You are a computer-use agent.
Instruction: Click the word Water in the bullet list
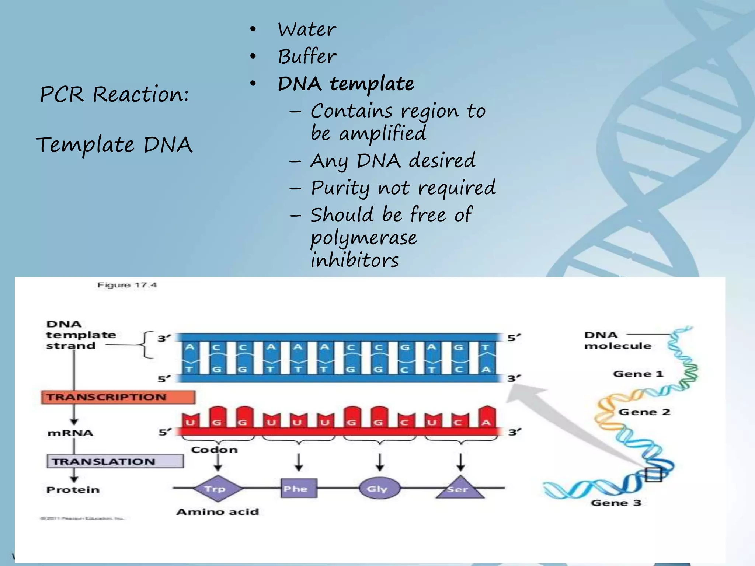tap(307, 29)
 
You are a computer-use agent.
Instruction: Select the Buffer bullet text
tap(307, 57)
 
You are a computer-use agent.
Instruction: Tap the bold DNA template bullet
tap(346, 84)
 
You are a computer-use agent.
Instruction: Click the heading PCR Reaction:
tap(114, 94)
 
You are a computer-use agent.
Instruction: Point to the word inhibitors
tap(355, 260)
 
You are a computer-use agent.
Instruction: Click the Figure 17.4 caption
tap(127, 285)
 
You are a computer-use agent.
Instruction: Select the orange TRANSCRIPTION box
tap(118, 397)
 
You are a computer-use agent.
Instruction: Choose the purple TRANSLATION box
tap(115, 461)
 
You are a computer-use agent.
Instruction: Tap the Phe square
tap(299, 489)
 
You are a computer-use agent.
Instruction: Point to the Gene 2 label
tap(644, 412)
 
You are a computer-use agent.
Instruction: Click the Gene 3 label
tap(616, 503)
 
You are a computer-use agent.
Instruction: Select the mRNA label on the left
tap(70, 433)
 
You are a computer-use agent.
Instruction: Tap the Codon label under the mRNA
tap(214, 450)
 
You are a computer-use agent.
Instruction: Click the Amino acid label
tap(218, 512)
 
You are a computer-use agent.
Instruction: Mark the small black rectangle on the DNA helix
tap(653, 475)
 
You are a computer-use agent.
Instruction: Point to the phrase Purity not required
tap(403, 188)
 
